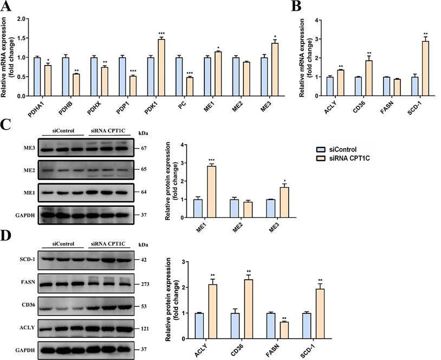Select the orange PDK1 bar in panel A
(161, 67)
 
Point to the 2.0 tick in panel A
(22, 18)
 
